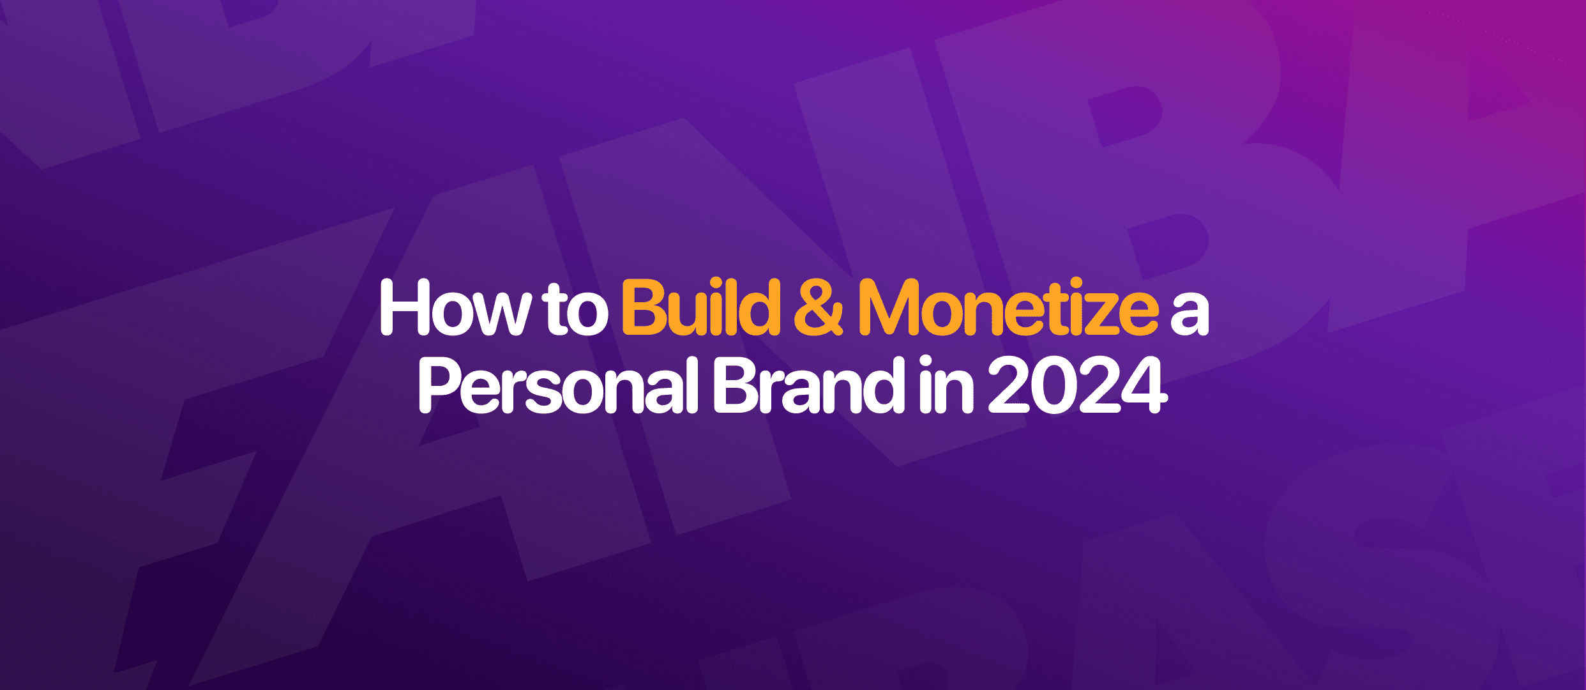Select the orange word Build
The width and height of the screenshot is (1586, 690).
tap(701, 308)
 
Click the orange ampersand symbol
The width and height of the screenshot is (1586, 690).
tap(818, 309)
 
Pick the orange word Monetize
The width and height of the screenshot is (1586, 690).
tap(1008, 308)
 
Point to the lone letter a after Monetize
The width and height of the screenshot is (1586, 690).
tap(1189, 315)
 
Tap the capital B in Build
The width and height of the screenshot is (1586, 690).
tap(645, 308)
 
